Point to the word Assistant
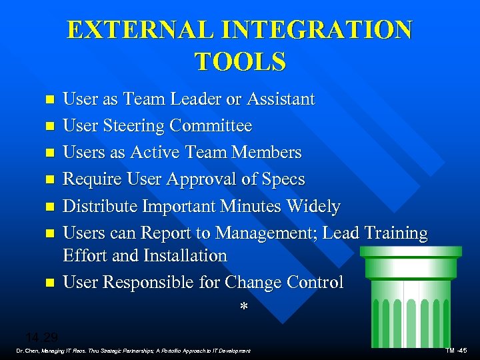coord(281,99)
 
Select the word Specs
coord(283,179)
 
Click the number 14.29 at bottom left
coord(42,337)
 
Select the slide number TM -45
coord(457,351)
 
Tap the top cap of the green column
coord(409,252)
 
